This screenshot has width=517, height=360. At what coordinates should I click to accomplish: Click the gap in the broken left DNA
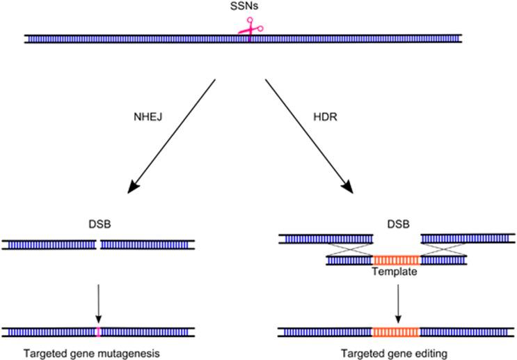98,245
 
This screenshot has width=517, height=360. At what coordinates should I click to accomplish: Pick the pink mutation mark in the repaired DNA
98,331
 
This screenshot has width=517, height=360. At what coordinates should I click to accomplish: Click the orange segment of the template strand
396,260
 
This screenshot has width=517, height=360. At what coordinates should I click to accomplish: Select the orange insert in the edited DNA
396,331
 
